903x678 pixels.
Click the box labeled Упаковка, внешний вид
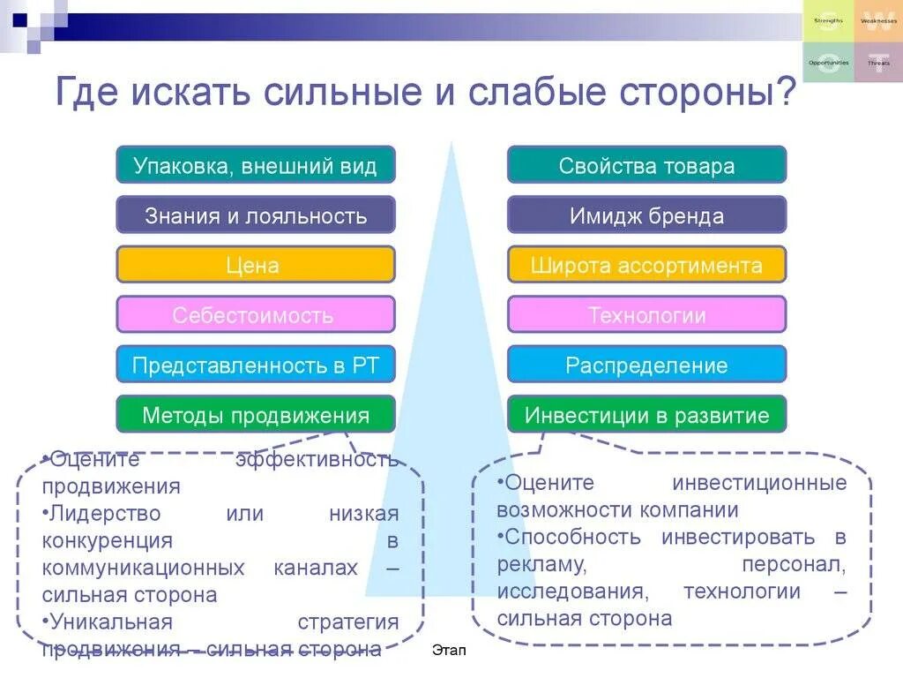(x=256, y=165)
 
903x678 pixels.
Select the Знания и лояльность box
(x=256, y=215)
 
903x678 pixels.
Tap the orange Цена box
(x=256, y=265)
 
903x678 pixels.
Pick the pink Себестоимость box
(x=256, y=314)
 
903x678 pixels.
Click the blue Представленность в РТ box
(x=256, y=365)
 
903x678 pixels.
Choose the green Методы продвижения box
(x=256, y=415)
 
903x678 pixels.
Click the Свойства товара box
(x=646, y=165)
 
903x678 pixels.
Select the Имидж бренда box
(x=646, y=215)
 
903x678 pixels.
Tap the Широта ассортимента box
(x=646, y=265)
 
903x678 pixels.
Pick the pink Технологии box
(x=646, y=314)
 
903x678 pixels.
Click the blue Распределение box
(x=646, y=365)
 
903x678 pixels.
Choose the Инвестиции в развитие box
(x=646, y=415)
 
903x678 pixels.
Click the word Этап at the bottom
(x=450, y=651)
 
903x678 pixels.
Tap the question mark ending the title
(x=786, y=92)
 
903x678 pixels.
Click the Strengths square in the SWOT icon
(x=828, y=21)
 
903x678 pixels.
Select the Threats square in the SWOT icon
(x=878, y=63)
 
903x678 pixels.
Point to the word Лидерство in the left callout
(x=105, y=513)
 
